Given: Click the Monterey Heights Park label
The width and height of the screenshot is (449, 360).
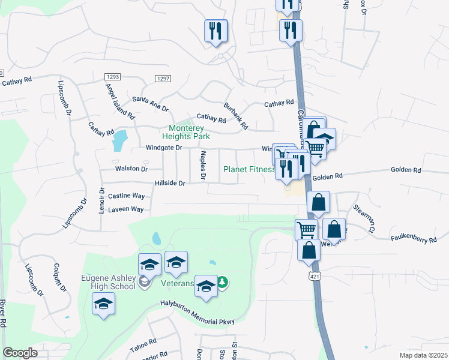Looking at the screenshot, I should (187, 132).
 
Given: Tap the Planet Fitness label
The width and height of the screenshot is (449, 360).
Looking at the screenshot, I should (249, 169).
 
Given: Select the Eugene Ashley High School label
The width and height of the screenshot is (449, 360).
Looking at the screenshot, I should (109, 282).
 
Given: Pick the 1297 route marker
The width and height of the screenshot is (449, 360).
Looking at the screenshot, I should (163, 79).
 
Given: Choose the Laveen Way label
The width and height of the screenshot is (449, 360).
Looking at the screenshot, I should (125, 209).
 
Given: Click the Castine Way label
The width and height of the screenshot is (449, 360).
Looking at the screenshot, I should (126, 196).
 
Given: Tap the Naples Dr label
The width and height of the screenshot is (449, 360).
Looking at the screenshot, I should (203, 166).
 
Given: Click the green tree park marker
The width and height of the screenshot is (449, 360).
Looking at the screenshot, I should (222, 282).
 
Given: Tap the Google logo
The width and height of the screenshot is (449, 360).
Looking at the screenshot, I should (20, 353).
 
